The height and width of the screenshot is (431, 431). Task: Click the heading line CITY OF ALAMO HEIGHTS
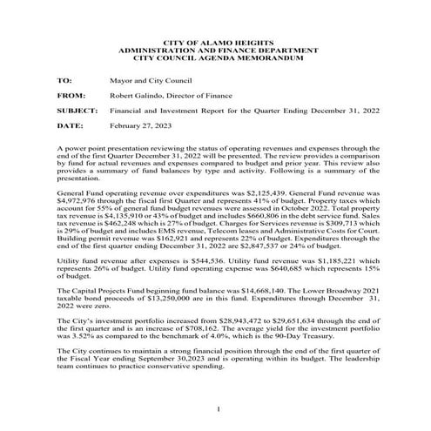(x=214, y=43)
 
